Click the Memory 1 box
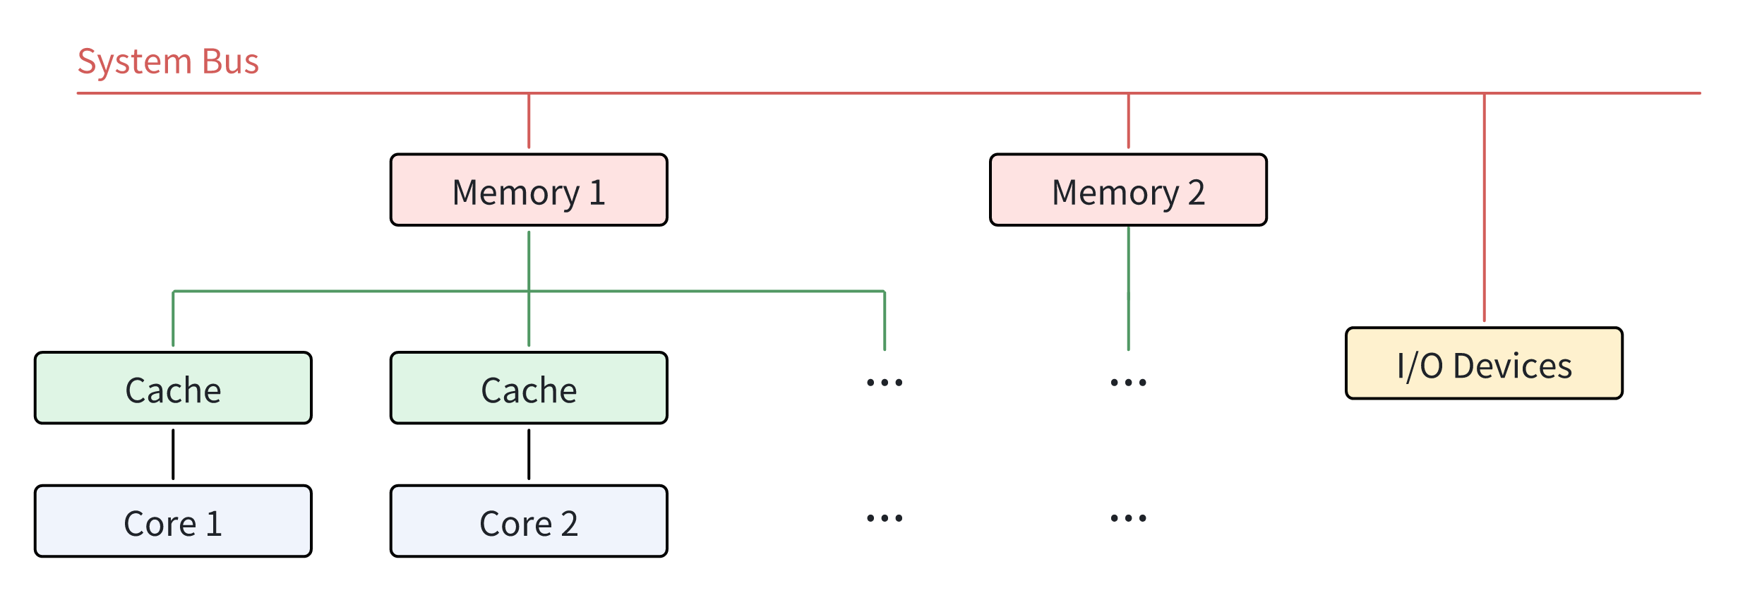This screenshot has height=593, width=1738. coord(528,191)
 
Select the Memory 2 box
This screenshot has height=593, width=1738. coord(1128,191)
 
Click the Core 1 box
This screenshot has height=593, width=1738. coord(173,522)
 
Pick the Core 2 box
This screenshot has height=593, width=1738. coord(528,522)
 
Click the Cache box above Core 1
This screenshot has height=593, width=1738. coord(173,388)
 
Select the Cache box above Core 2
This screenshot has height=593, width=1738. coord(528,388)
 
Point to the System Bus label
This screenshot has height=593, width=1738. coord(168,61)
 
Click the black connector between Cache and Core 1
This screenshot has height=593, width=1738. coord(173,454)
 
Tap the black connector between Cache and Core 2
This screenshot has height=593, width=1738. coord(529,454)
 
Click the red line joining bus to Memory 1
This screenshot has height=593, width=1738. coord(529,121)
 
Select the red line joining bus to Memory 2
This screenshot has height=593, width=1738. coord(1128,121)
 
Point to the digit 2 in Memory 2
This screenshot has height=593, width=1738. coord(1196,193)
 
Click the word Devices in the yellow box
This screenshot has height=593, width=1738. coord(1512,366)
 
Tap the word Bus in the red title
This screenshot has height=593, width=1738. coord(230,61)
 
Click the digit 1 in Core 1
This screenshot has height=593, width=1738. coord(214,524)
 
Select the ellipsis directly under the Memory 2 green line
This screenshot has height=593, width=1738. coord(1128,383)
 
